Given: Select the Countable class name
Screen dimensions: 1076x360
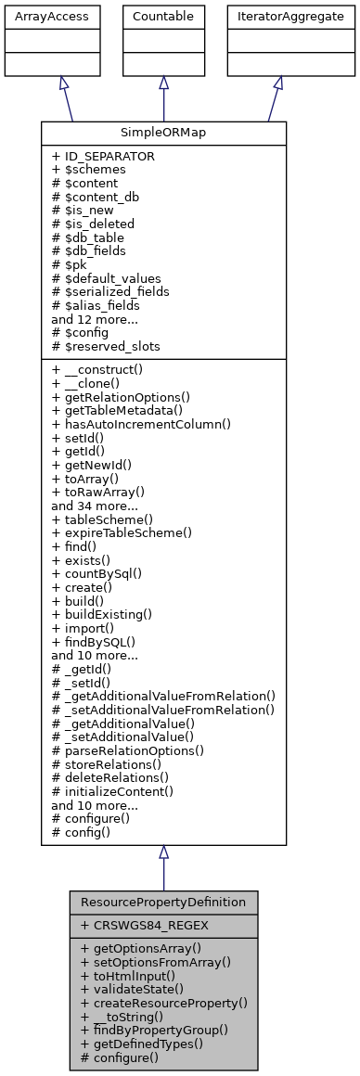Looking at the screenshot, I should (x=163, y=17).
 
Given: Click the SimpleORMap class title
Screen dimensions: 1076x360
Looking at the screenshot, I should (x=163, y=133).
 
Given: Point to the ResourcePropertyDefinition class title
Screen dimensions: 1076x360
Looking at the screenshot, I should (x=163, y=902).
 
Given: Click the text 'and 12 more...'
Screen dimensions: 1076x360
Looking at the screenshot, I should (x=96, y=318).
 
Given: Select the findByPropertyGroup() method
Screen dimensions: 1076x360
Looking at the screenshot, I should (x=156, y=1030).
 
